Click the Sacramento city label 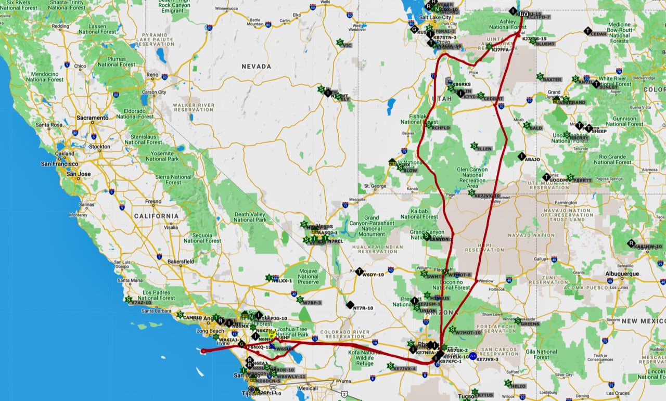pos(93,118)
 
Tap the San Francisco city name pos(60,164)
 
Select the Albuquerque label pos(621,274)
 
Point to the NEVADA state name pos(256,67)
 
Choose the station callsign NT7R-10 pos(363,308)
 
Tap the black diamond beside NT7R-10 pos(350,305)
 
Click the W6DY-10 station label pos(373,275)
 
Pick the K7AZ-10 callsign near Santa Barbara pos(141,302)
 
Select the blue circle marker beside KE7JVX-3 pos(472,356)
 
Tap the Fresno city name pos(153,201)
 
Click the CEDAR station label pos(599,34)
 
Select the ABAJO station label pos(532,159)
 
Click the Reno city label pos(152,75)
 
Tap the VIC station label pos(348,45)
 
